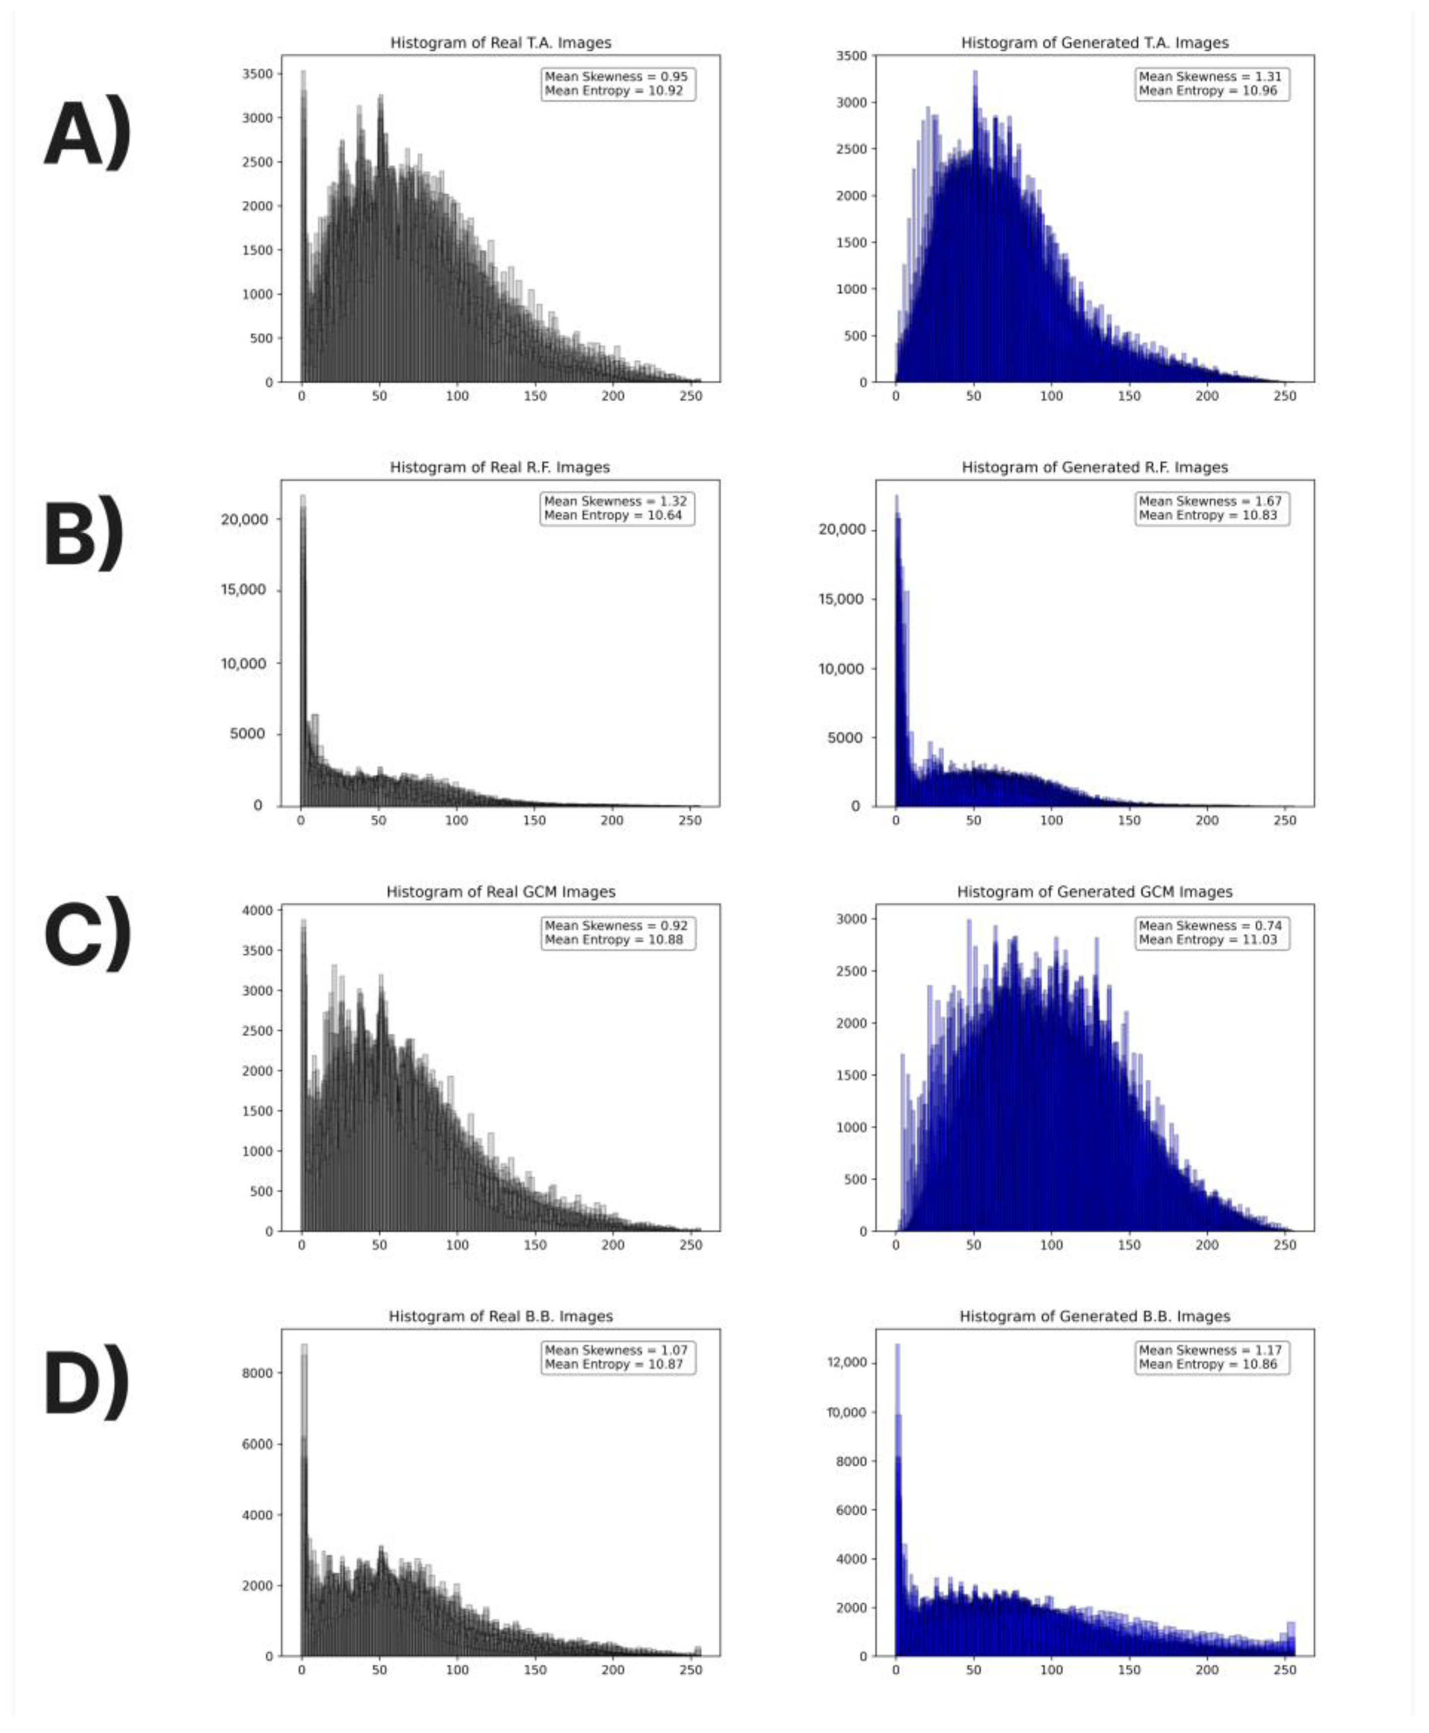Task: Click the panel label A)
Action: click(87, 136)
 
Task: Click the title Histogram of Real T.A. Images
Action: click(501, 43)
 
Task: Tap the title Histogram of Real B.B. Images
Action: click(501, 1316)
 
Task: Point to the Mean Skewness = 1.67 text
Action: click(1210, 501)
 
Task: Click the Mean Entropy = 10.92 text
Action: click(614, 91)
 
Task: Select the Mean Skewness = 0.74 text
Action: click(1210, 925)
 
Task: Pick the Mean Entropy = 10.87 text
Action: click(614, 1364)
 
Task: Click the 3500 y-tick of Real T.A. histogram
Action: click(257, 74)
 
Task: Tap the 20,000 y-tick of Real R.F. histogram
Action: click(245, 520)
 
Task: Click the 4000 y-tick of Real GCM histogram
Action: click(257, 910)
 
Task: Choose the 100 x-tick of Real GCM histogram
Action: click(457, 1246)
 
